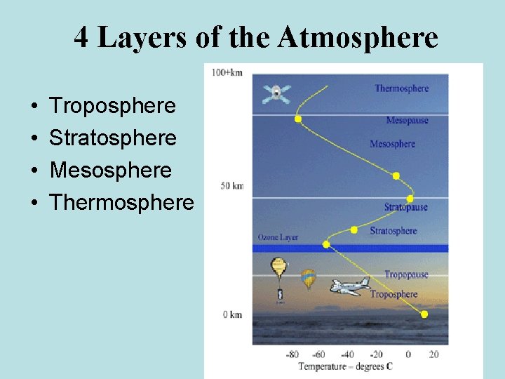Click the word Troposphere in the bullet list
point(112,106)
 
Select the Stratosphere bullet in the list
point(112,138)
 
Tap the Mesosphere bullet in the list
point(110,171)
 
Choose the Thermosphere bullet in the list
point(121,203)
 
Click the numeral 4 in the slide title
point(81,37)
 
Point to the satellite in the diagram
point(276,93)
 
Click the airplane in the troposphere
point(350,285)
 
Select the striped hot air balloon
point(308,279)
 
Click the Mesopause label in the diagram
point(407,121)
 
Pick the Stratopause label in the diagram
point(405,208)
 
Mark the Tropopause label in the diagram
point(405,274)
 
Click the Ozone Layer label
point(278,237)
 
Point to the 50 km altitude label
point(232,185)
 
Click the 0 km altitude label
point(233,314)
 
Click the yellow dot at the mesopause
point(298,119)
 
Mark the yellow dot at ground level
point(424,314)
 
